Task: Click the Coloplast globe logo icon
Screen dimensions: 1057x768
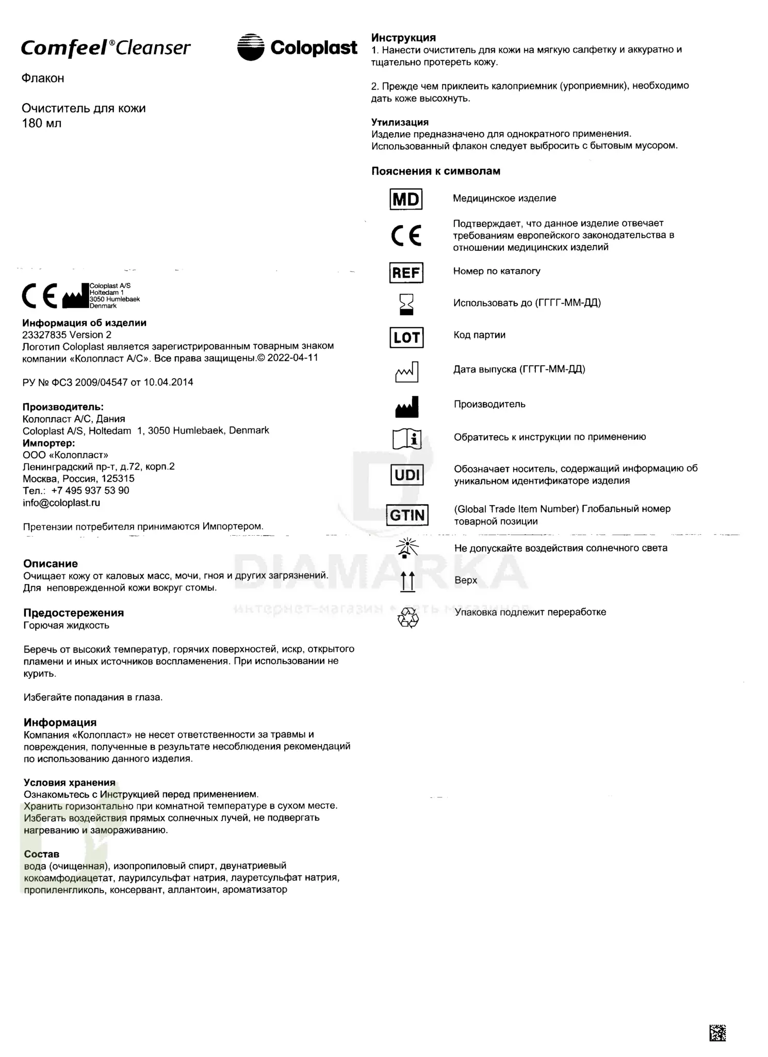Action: [251, 47]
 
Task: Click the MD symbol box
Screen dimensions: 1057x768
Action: [406, 199]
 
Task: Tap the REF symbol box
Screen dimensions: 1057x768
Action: [406, 273]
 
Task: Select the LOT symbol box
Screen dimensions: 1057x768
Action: [406, 338]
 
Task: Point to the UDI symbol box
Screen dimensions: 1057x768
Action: [407, 475]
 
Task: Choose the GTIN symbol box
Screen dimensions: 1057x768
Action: [407, 515]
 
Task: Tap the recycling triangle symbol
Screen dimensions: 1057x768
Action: [408, 617]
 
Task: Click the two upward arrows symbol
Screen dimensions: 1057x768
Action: [407, 582]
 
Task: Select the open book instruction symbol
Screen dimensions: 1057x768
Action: [407, 439]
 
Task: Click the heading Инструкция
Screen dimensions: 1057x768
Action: [403, 38]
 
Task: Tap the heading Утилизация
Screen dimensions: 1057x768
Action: [400, 122]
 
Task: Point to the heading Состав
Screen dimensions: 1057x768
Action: [41, 854]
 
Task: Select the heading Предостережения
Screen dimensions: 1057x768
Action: [73, 613]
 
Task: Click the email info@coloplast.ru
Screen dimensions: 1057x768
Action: [61, 503]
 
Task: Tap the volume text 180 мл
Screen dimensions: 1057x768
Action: [41, 123]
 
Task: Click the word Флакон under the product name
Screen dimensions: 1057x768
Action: [43, 78]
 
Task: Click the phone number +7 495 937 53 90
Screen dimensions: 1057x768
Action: [90, 490]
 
